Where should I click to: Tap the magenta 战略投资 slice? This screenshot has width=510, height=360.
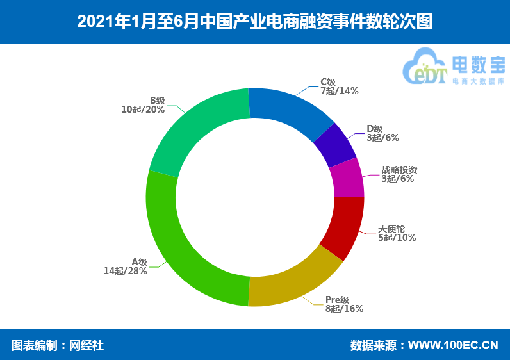point(347,177)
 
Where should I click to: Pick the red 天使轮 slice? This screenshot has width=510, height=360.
point(342,227)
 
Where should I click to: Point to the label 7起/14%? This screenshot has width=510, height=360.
point(340,91)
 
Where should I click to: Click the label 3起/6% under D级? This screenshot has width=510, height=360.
point(383,138)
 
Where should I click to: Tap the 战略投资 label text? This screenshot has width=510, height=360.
point(399,170)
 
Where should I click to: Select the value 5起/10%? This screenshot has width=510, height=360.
point(397,238)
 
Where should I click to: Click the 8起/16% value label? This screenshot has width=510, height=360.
point(344,309)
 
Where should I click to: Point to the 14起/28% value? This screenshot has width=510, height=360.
point(126,271)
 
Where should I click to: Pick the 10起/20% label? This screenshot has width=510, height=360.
point(143,110)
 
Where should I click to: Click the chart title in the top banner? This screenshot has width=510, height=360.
point(255,22)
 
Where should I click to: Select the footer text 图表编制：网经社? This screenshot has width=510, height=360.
point(58,346)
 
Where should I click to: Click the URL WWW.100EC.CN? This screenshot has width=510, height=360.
point(453,346)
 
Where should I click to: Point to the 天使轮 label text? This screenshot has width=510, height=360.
point(391,229)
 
